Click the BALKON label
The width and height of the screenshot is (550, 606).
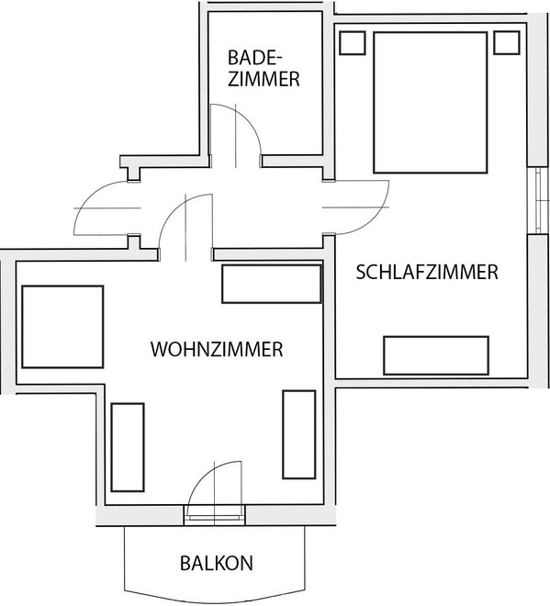click(217, 563)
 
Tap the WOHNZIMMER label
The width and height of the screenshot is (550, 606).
click(217, 349)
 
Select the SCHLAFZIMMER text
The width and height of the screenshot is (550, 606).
click(427, 272)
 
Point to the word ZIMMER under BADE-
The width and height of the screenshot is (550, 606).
click(264, 79)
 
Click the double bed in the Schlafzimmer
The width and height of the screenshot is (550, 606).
click(431, 103)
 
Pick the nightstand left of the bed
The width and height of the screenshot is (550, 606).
click(352, 43)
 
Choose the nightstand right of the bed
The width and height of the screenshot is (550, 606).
click(506, 43)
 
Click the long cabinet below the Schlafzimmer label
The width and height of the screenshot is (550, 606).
click(436, 355)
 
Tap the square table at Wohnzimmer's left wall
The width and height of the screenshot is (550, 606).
click(62, 327)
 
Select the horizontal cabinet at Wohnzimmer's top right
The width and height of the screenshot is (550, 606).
click(272, 284)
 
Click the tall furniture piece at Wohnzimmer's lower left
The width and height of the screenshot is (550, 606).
click(128, 447)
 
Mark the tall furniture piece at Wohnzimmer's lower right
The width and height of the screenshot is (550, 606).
click(299, 434)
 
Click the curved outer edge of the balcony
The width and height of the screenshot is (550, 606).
click(215, 598)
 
